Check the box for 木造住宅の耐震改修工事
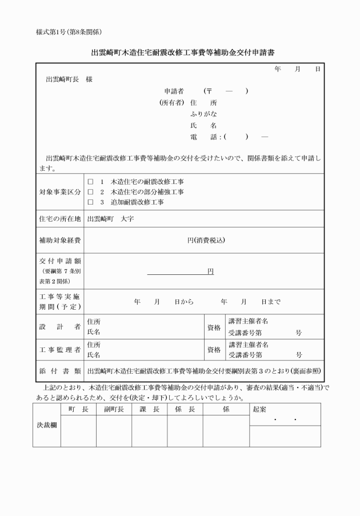tap(91, 182)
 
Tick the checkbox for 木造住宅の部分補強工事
tap(91, 192)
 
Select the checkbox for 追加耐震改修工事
tap(91, 202)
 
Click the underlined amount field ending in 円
tap(181, 271)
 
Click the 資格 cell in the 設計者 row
tap(214, 327)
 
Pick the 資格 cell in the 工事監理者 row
tap(214, 350)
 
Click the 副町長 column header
tap(114, 410)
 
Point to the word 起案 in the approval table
tap(259, 410)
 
